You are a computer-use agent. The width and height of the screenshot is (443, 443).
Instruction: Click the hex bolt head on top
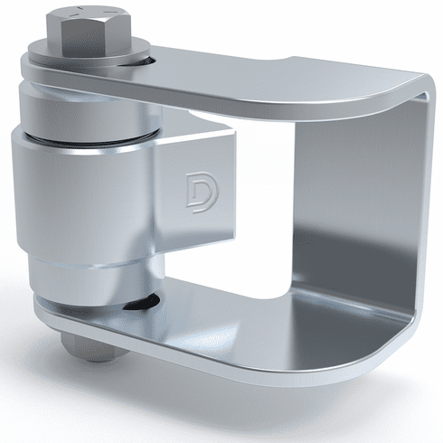pyautogui.click(x=89, y=33)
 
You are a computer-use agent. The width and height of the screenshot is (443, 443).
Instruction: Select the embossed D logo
pyautogui.click(x=203, y=193)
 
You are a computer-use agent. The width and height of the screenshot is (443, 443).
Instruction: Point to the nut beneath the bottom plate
pyautogui.click(x=89, y=346)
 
